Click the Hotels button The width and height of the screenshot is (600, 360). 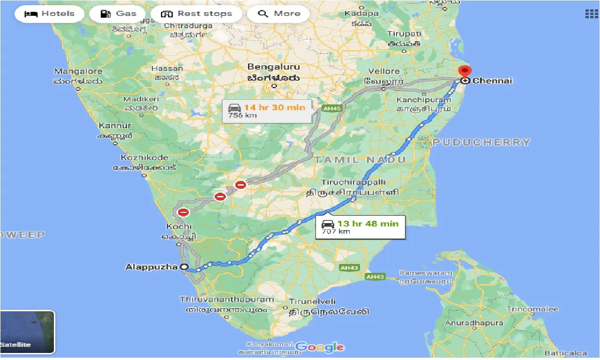point(49,14)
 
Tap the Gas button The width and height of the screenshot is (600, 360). point(117,14)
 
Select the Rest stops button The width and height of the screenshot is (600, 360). point(196,14)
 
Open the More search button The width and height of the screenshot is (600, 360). point(278,14)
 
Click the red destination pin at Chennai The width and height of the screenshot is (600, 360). point(465,72)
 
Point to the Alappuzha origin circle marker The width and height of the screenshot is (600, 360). point(184,267)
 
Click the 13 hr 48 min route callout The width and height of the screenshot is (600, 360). point(360,227)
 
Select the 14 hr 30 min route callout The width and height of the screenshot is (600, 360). point(266,111)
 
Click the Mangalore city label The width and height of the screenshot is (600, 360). point(78,71)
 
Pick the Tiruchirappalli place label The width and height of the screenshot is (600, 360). point(353,182)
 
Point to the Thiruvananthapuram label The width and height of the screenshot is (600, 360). point(226,300)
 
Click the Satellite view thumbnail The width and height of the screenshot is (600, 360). point(27,332)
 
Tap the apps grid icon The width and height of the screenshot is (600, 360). point(591,14)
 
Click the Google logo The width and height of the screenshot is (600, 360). point(320,347)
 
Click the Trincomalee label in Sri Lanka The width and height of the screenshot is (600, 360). point(532,309)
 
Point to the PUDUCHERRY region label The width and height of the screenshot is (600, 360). point(481,142)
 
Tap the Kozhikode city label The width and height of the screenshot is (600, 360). point(144,157)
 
